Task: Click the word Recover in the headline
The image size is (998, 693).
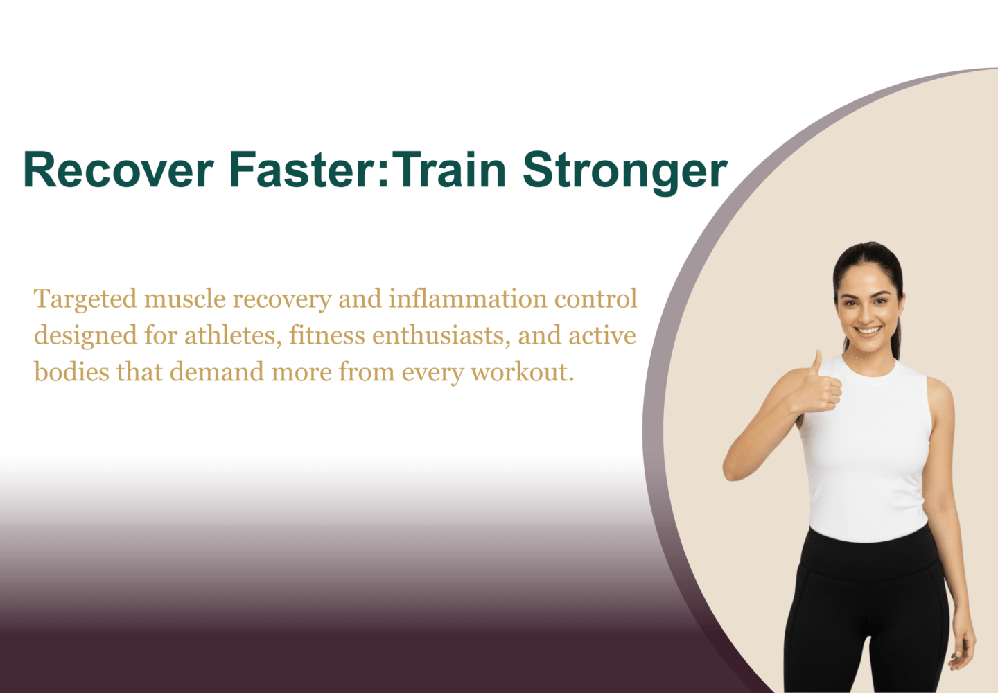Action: pyautogui.click(x=119, y=170)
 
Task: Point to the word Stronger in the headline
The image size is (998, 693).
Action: pyautogui.click(x=625, y=173)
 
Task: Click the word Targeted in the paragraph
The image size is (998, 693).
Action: pyautogui.click(x=85, y=299)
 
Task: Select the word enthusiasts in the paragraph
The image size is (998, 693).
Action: pyautogui.click(x=441, y=335)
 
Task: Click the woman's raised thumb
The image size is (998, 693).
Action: pyautogui.click(x=816, y=363)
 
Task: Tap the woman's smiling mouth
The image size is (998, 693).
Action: pyautogui.click(x=869, y=331)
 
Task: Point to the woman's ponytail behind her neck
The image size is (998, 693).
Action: pyautogui.click(x=896, y=338)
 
